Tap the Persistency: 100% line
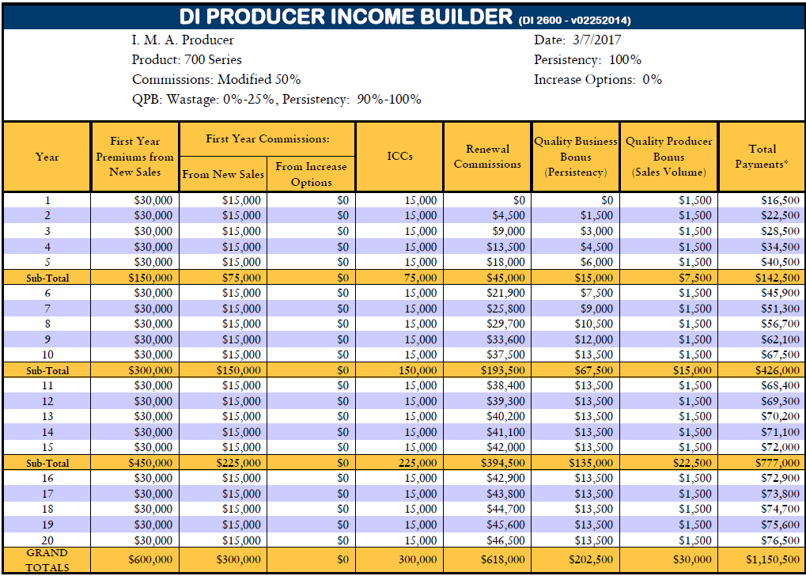(x=588, y=59)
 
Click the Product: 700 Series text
(x=187, y=59)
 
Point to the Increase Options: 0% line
(x=598, y=80)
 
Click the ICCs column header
(x=399, y=157)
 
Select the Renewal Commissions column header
(x=487, y=157)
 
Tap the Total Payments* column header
(x=762, y=157)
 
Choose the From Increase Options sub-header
(x=311, y=174)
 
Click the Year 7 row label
(x=47, y=309)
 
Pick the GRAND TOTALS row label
(x=47, y=560)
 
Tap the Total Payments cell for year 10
(x=781, y=354)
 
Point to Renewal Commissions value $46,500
(x=505, y=540)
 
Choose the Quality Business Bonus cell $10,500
(x=593, y=324)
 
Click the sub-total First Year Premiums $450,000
(x=150, y=464)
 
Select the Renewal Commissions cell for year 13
(x=505, y=416)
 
